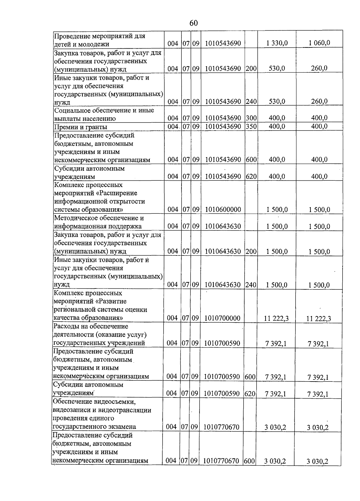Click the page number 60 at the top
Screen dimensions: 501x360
click(194, 23)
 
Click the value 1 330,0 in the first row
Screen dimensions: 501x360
click(277, 43)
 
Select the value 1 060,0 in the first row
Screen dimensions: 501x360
click(319, 43)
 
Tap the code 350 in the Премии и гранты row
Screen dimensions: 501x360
click(251, 126)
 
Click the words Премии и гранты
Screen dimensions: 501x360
click(81, 127)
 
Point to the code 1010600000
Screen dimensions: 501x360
click(223, 210)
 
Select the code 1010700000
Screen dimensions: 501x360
click(222, 318)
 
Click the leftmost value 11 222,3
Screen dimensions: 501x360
click(276, 318)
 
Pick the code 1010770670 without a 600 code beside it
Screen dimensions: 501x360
click(221, 427)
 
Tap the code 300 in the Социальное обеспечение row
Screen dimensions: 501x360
click(251, 118)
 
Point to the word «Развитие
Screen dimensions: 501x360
click(113, 301)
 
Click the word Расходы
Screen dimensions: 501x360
click(65, 326)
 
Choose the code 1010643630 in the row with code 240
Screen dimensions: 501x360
click(223, 285)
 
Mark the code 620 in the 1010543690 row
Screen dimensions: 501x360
click(251, 177)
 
